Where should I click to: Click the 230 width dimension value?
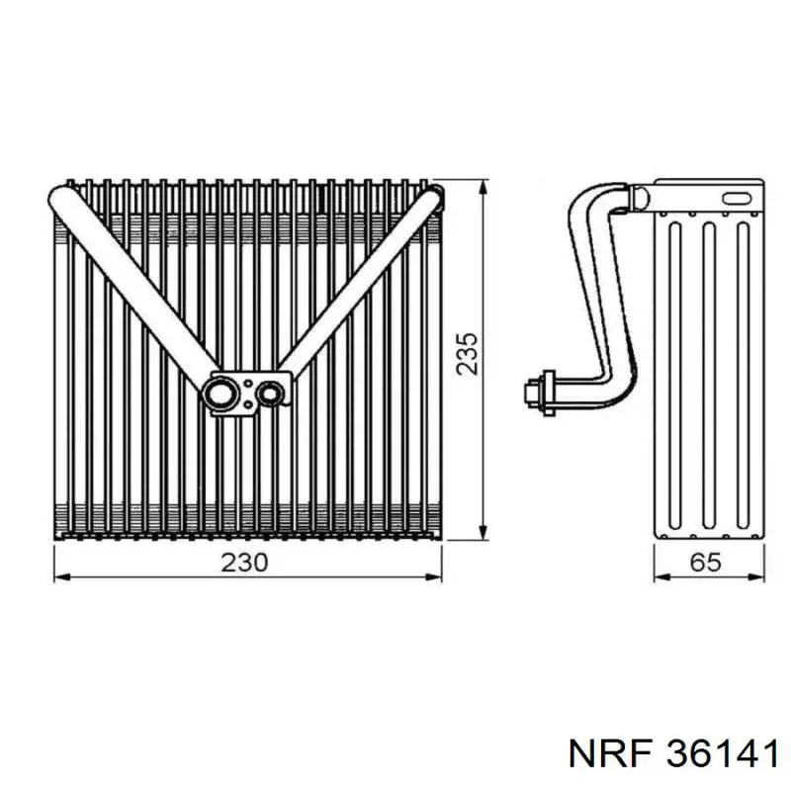(244, 563)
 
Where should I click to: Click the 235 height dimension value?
(467, 353)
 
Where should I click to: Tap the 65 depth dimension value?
(706, 562)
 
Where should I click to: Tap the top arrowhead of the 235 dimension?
(483, 189)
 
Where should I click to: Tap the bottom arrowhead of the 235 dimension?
(483, 530)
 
